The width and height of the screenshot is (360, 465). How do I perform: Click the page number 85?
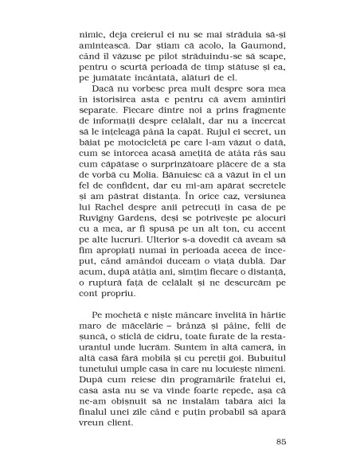click(280, 442)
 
